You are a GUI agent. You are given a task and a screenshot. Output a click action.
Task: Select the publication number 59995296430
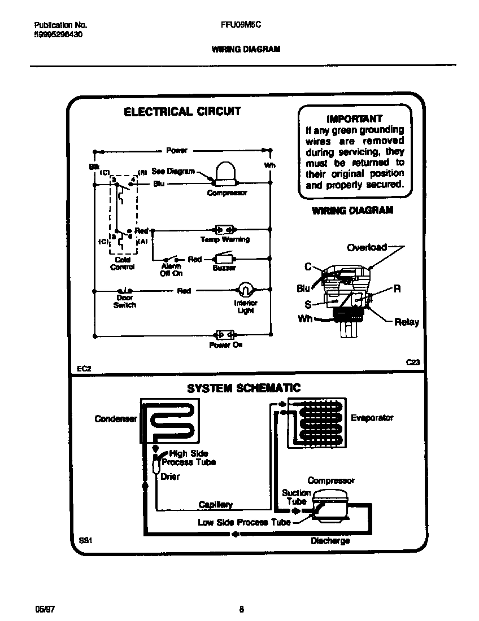[54, 34]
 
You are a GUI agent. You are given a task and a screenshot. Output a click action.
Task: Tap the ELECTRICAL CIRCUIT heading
[182, 112]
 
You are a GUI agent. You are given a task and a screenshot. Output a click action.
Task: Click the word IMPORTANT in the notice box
[354, 119]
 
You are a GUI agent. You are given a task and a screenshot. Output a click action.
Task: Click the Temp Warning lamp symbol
[224, 230]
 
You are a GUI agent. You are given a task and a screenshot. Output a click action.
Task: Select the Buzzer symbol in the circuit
[224, 259]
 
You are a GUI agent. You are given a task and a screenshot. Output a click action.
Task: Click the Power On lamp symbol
[225, 335]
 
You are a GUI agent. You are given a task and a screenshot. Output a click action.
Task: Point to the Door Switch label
[124, 301]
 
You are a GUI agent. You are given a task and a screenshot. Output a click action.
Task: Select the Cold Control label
[122, 264]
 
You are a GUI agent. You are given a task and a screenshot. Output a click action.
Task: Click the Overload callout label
[367, 247]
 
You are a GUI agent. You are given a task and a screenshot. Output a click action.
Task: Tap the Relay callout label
[406, 322]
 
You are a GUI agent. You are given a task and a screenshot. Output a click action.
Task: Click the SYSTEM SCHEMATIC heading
[243, 388]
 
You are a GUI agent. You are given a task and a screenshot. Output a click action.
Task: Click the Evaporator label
[372, 418]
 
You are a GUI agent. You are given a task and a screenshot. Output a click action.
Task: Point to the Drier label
[170, 476]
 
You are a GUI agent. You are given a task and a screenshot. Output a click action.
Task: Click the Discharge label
[330, 540]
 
